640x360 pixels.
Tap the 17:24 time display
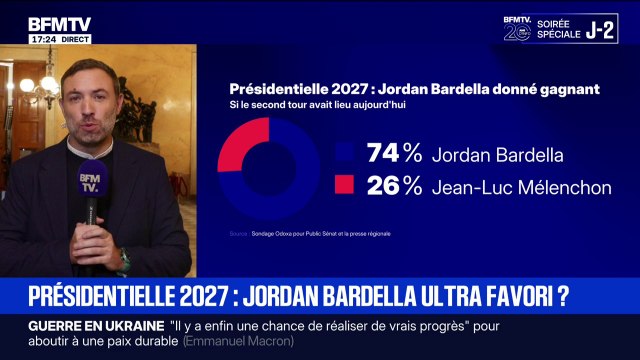42,39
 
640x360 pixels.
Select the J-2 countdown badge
599,28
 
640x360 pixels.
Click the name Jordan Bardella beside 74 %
483,155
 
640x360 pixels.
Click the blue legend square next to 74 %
347,154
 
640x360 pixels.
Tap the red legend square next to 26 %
347,185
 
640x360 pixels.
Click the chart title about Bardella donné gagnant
414,88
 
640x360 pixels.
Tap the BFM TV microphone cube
91,181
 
